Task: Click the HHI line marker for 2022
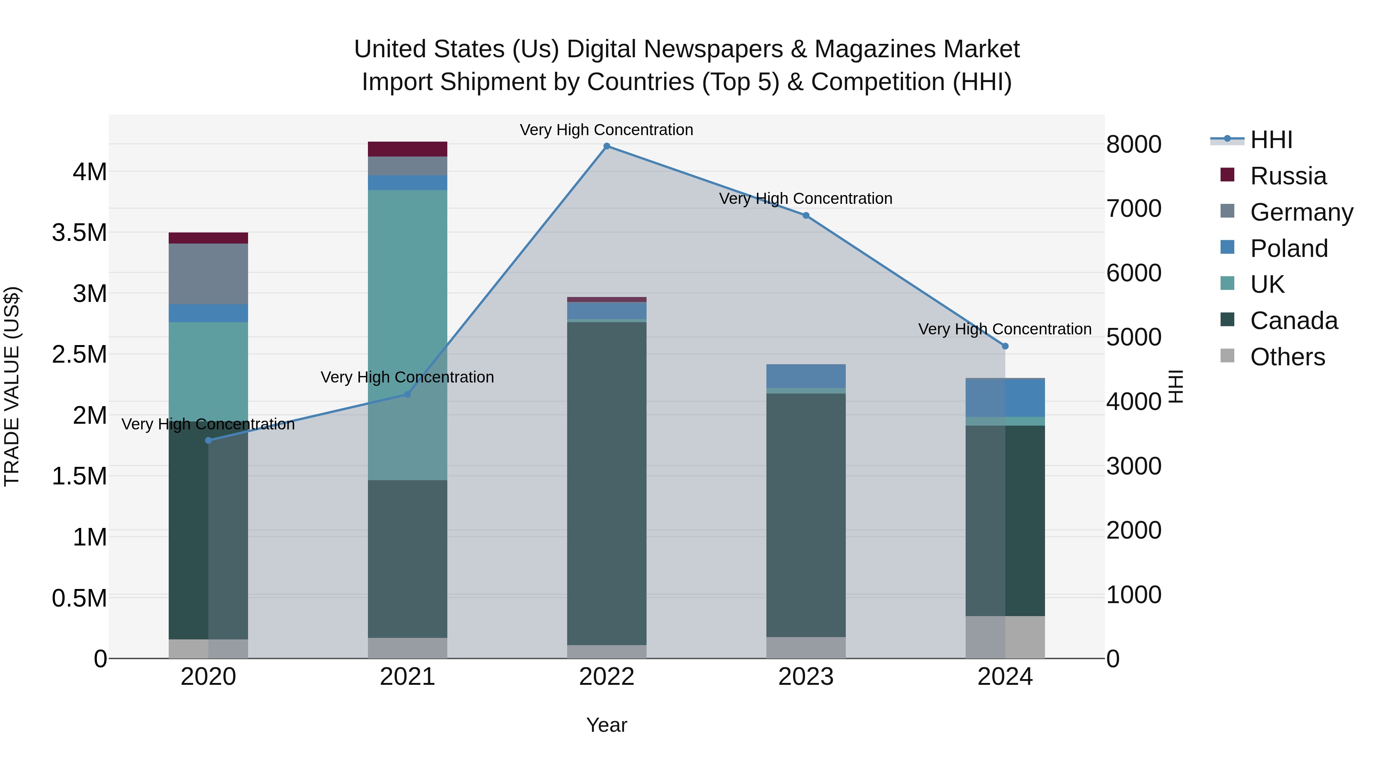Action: [x=606, y=146]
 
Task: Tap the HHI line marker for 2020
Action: [x=208, y=440]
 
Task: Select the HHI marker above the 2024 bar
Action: [x=1005, y=346]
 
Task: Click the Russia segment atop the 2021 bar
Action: [x=408, y=149]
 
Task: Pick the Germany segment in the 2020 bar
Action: [x=208, y=274]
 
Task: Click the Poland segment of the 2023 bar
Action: [x=806, y=376]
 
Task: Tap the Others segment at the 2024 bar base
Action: [x=1005, y=637]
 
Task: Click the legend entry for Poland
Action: [x=1288, y=248]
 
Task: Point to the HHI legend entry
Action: [x=1271, y=140]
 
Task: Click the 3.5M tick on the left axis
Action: [x=79, y=232]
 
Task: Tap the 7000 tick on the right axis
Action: [x=1134, y=208]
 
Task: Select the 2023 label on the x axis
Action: [x=806, y=677]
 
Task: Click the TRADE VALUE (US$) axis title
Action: [x=12, y=386]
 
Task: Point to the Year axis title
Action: [x=606, y=725]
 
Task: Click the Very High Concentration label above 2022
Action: [x=606, y=130]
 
